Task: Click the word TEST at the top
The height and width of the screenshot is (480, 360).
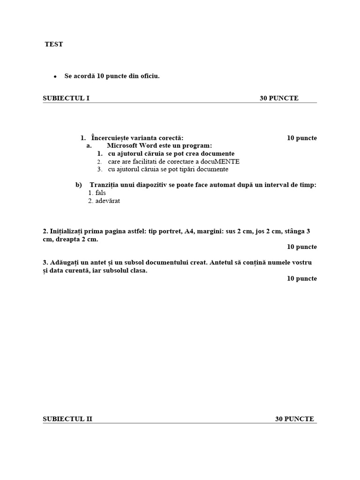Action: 53,45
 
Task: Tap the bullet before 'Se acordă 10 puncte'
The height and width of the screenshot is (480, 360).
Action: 55,76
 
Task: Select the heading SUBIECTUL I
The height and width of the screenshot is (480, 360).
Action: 66,98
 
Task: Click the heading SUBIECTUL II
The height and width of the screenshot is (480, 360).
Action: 67,419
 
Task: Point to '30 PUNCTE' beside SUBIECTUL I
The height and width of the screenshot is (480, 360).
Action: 279,98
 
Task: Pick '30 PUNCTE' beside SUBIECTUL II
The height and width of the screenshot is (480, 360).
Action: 294,419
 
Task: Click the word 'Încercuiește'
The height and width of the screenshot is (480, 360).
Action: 112,138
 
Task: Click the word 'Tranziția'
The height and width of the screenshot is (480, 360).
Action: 105,185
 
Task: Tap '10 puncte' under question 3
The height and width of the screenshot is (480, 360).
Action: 302,278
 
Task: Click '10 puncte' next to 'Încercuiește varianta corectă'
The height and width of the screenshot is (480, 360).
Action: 302,138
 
